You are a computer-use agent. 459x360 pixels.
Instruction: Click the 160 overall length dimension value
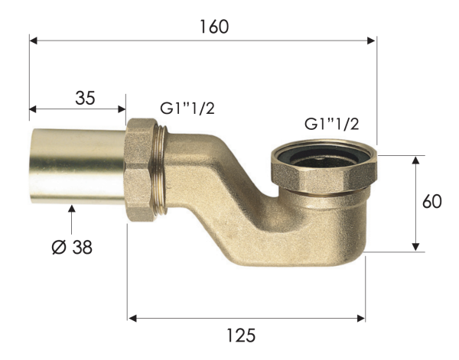213,26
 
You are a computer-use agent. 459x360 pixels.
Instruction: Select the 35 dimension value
85,98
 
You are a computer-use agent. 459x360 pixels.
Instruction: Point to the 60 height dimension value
432,202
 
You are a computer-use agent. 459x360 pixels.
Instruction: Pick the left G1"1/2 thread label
187,108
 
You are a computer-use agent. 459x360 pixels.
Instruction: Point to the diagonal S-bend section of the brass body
229,195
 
